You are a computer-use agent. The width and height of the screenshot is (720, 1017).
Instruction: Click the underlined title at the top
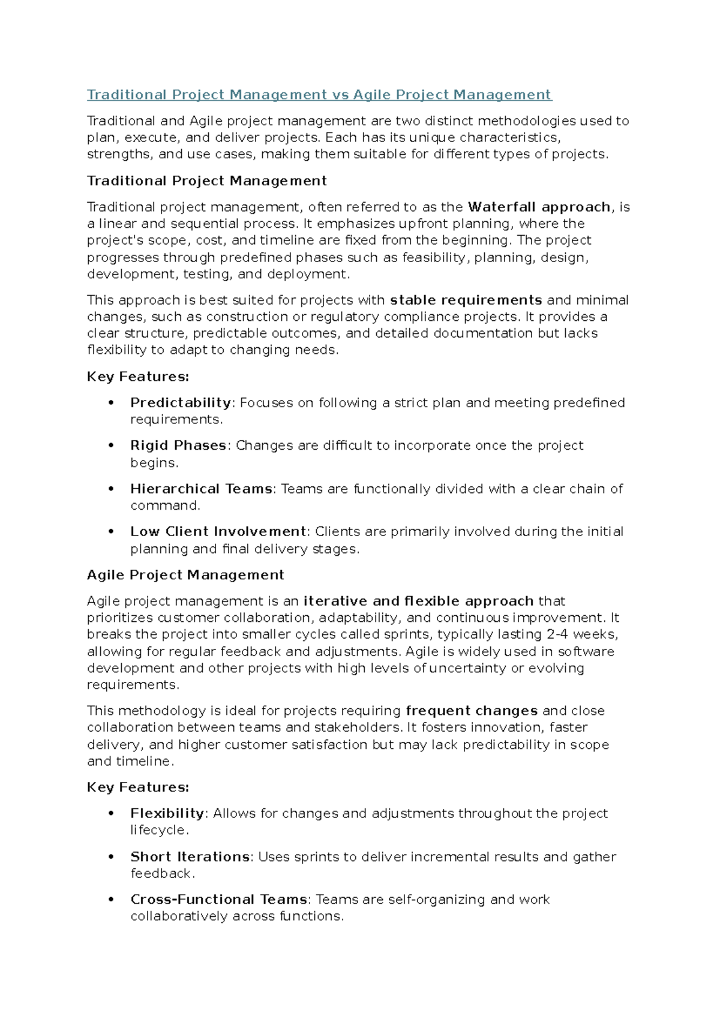tap(319, 95)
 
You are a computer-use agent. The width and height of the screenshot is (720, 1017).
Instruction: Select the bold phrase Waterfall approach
tap(539, 207)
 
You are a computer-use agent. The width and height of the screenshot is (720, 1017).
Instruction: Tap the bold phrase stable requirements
tap(466, 300)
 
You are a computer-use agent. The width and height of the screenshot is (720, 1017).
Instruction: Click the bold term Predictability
tap(181, 403)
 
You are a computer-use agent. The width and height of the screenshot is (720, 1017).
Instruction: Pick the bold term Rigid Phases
tap(178, 446)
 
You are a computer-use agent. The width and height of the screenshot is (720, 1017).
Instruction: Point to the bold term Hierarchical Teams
tap(202, 489)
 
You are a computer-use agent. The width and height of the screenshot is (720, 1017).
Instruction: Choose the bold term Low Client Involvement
tap(218, 532)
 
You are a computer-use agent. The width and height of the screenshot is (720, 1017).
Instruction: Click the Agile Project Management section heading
tap(185, 575)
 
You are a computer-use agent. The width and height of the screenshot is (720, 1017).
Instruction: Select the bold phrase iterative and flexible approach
tap(418, 601)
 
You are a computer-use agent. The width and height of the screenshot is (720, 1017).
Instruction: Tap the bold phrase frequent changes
tap(472, 711)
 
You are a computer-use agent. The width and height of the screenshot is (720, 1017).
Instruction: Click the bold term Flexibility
tap(167, 814)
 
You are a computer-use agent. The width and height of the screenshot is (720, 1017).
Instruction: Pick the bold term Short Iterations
tap(190, 857)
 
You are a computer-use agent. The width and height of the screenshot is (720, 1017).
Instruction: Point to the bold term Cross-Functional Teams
tap(219, 899)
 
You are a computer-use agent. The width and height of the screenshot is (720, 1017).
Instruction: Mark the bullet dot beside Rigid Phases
tap(111, 446)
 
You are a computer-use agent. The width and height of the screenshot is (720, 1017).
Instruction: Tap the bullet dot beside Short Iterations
tap(111, 857)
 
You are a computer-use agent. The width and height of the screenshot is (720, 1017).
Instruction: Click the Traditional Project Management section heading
tap(207, 181)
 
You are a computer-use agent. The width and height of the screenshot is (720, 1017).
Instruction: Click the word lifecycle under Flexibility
tap(158, 831)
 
